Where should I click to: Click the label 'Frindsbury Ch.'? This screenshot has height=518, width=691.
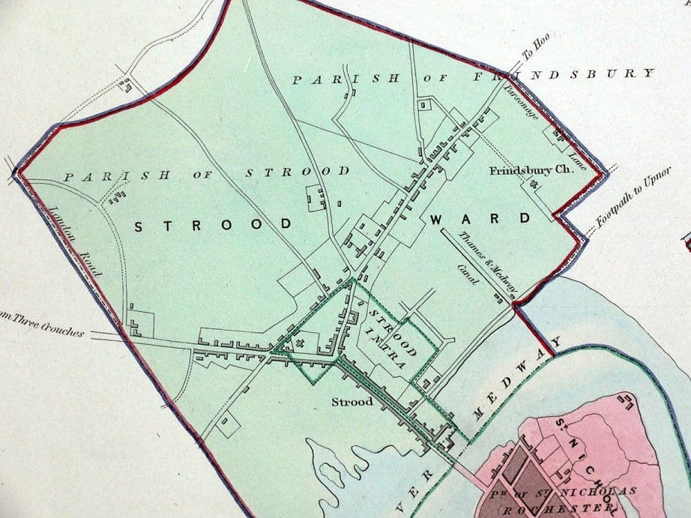(531, 170)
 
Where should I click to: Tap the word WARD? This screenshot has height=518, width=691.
(480, 219)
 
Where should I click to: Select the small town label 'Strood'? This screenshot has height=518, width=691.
(352, 403)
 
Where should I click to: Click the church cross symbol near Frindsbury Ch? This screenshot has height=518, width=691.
(534, 184)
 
